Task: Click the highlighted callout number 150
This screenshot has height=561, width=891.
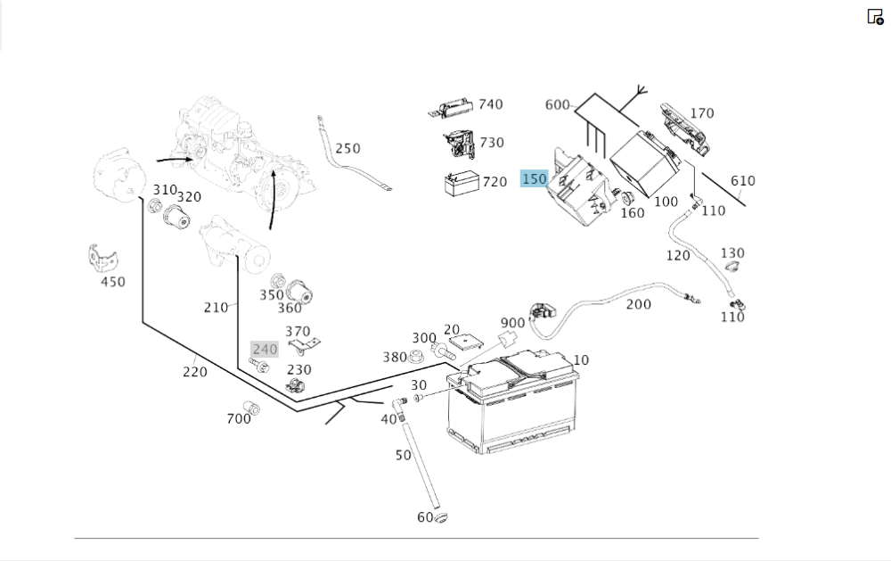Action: (x=534, y=179)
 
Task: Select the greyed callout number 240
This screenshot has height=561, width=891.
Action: (x=265, y=350)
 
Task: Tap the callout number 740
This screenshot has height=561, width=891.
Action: (x=490, y=104)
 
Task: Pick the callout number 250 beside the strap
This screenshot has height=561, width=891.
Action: (x=347, y=149)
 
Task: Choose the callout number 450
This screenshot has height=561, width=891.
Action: (x=112, y=282)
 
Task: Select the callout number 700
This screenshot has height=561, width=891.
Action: (x=239, y=418)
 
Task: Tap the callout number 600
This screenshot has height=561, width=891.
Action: (x=557, y=104)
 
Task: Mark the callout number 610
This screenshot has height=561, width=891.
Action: (x=742, y=181)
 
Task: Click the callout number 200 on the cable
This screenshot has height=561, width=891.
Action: (x=638, y=304)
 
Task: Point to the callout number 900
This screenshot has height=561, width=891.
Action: (x=512, y=323)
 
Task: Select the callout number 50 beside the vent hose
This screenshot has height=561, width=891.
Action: (x=403, y=455)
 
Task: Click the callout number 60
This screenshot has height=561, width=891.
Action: (x=425, y=518)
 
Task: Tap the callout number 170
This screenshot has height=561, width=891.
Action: (x=702, y=113)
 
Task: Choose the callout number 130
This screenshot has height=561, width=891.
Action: (x=732, y=253)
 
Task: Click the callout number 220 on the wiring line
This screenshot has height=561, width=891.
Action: (x=195, y=372)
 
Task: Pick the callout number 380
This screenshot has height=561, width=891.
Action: (x=395, y=358)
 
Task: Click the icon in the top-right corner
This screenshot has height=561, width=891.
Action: (x=875, y=16)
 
